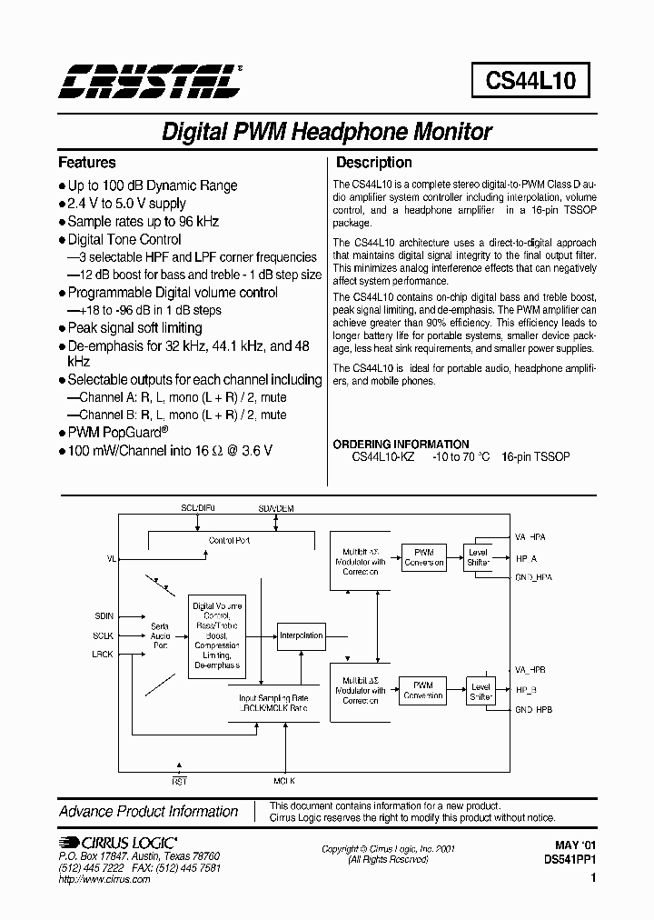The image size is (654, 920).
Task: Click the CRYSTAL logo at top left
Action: tap(151, 81)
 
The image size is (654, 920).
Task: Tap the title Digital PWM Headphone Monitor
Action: tap(326, 132)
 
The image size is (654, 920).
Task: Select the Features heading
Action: tap(87, 163)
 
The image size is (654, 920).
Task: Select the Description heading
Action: tap(374, 163)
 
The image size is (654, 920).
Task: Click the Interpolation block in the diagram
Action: tap(302, 635)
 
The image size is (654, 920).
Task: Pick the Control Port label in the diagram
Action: tap(229, 540)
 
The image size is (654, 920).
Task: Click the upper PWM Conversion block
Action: tap(424, 557)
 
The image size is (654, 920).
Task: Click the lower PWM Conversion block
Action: tap(423, 690)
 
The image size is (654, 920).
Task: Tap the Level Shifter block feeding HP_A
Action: tap(478, 557)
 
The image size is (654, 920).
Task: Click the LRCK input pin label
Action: tap(103, 655)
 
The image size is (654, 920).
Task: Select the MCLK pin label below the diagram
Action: tap(284, 781)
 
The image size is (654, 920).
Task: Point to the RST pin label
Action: tap(179, 781)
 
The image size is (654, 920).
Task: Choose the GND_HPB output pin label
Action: tap(534, 709)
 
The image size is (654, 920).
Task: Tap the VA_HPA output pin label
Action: tap(531, 537)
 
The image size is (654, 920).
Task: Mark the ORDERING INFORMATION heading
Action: tap(401, 445)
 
